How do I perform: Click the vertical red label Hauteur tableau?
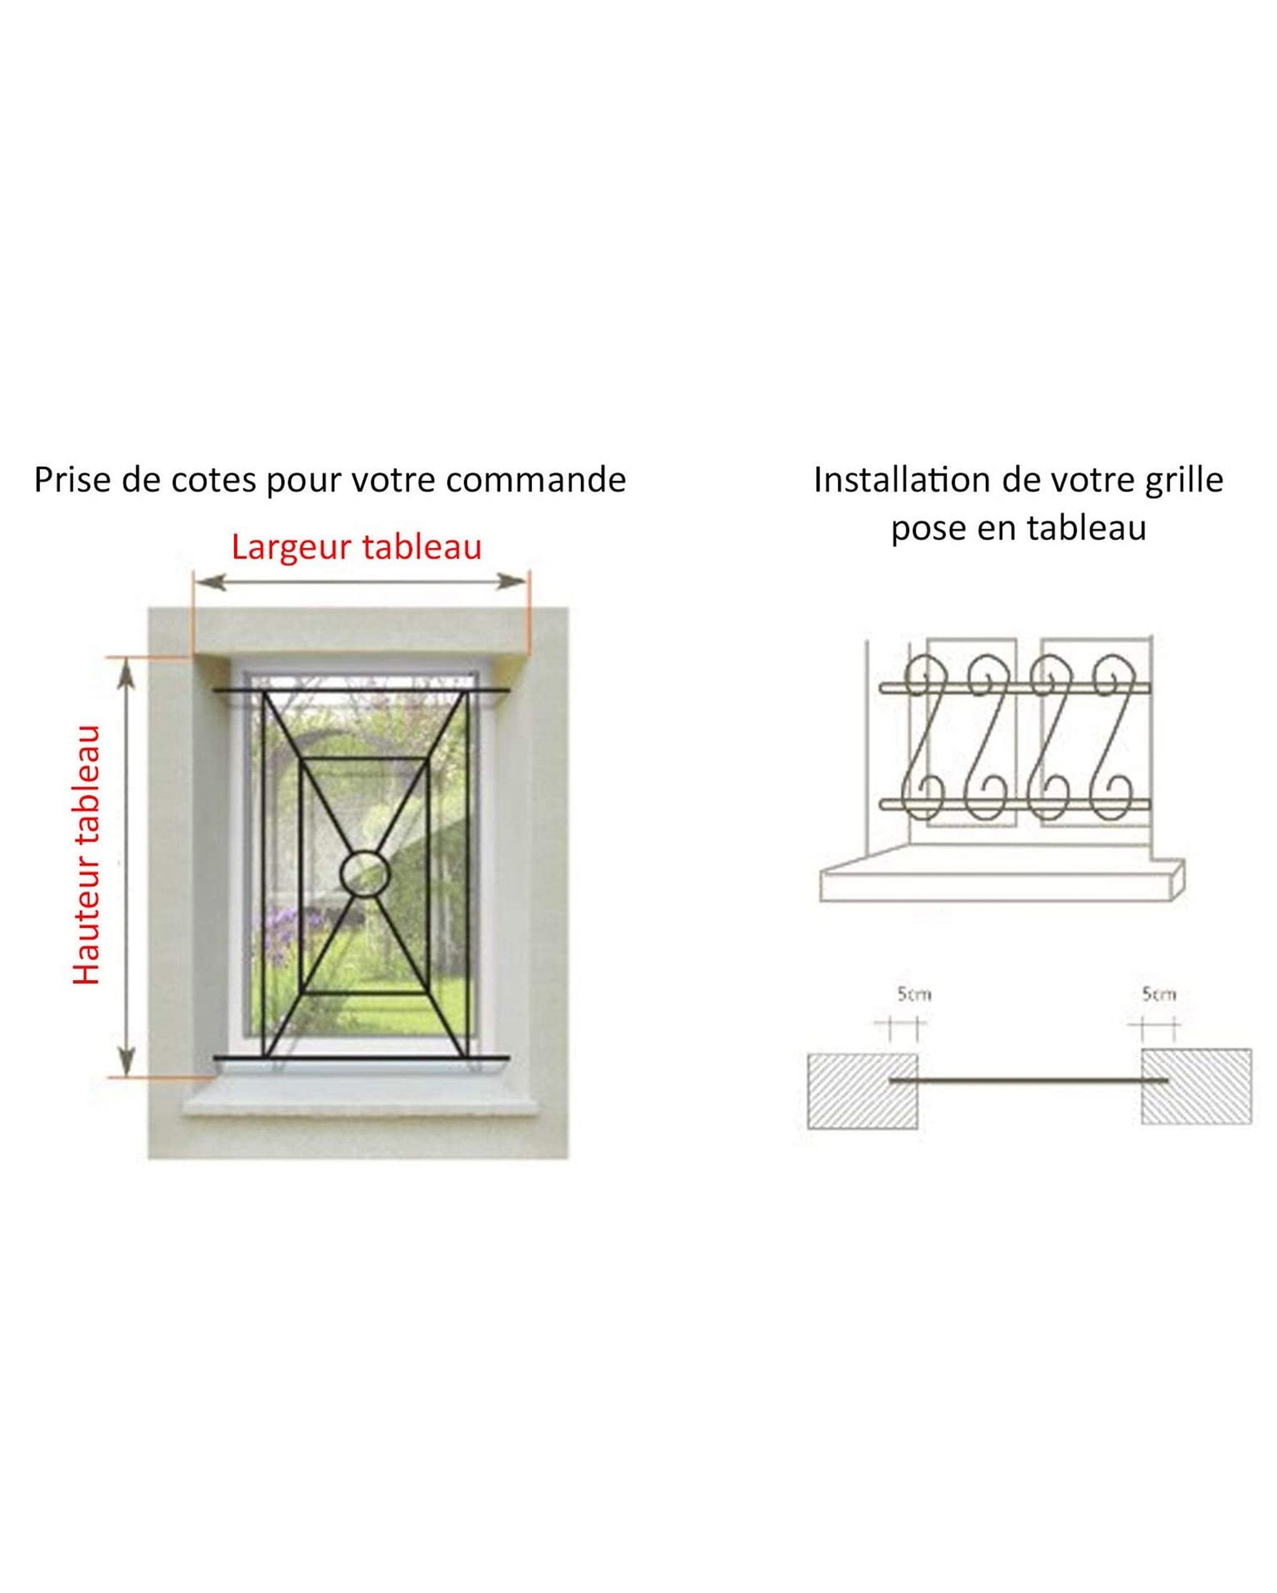tap(87, 855)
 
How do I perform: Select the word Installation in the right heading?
tap(902, 480)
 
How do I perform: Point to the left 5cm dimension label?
tap(914, 994)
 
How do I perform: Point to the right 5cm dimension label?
tap(1158, 994)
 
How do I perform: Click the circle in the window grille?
tap(364, 873)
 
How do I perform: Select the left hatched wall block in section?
tap(862, 1091)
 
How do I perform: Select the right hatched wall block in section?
tap(1195, 1087)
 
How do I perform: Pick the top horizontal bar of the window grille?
tap(362, 691)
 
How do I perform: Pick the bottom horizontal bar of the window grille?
tap(362, 1058)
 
